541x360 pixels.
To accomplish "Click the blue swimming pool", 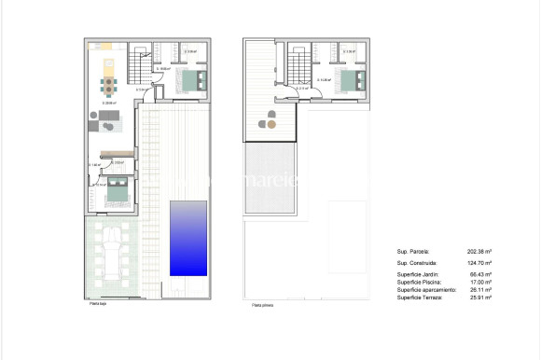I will click(x=188, y=238).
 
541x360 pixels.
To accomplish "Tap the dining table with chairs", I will click(x=109, y=87).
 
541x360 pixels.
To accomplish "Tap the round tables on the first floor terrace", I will click(x=270, y=119).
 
